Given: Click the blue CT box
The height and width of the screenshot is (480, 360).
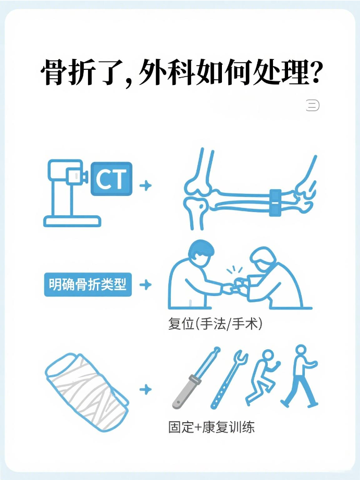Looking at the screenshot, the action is [111, 179].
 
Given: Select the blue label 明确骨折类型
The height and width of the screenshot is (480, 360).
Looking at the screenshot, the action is [88, 285].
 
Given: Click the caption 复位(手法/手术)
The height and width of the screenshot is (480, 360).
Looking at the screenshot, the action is [215, 324].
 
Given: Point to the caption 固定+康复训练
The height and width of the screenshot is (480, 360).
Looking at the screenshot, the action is [211, 427].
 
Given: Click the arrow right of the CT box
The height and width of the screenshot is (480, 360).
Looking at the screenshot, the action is [146, 186].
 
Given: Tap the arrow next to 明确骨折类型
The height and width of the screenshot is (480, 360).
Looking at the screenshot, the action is [146, 285].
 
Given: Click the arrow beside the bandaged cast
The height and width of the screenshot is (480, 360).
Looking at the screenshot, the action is [146, 390].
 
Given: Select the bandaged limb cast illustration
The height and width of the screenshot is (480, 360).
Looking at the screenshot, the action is [86, 392].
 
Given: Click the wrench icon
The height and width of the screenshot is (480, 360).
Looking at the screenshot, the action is [229, 379].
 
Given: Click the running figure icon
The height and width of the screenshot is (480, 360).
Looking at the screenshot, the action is [263, 377].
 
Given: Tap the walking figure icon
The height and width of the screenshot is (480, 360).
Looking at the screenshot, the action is [300, 376].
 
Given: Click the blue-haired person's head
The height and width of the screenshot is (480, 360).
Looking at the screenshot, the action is [200, 253].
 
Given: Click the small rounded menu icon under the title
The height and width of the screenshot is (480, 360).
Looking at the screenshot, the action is [313, 105].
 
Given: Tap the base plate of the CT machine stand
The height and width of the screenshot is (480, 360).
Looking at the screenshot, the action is [72, 221].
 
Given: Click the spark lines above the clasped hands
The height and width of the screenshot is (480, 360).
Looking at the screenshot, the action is [234, 271].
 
